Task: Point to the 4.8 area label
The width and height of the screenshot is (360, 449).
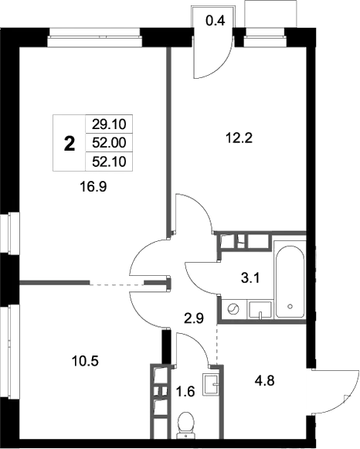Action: pyautogui.click(x=266, y=379)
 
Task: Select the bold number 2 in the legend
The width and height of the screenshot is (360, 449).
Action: pyautogui.click(x=69, y=142)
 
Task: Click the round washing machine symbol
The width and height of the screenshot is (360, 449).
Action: pyautogui.click(x=233, y=309)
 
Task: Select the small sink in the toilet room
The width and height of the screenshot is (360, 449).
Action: pyautogui.click(x=212, y=383)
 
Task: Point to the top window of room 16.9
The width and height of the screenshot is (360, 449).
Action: pyautogui.click(x=94, y=34)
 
